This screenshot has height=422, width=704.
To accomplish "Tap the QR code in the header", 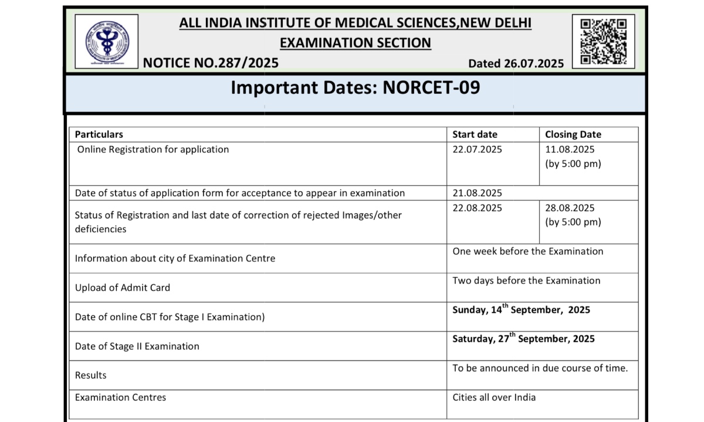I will pos(603,40).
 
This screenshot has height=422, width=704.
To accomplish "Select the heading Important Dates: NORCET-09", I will pos(355,87).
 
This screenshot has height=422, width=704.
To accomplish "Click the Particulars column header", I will pos(99,134).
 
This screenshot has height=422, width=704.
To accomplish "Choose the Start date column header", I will pos(475,134).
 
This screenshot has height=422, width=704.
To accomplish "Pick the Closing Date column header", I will pos(573,134).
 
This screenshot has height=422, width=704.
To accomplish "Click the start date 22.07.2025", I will pos(477,149).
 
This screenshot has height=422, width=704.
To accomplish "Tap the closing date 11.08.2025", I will pos(570,149).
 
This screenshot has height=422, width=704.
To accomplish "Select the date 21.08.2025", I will pos(477,193).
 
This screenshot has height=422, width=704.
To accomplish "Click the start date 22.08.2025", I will pos(477,207).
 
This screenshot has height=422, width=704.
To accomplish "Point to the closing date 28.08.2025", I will pos(570,207).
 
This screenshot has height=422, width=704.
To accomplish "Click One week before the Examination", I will pos(527,251).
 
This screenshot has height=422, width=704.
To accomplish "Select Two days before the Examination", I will pos(526,281).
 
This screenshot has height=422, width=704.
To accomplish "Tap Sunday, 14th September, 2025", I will pos(521,309).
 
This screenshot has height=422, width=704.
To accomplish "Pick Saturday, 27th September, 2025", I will pos(523,339).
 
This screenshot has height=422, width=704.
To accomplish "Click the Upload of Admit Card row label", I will pos(123,288).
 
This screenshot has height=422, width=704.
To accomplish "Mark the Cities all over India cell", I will pos(494,397).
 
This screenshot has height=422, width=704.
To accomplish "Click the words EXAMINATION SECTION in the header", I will pos(355,43).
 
